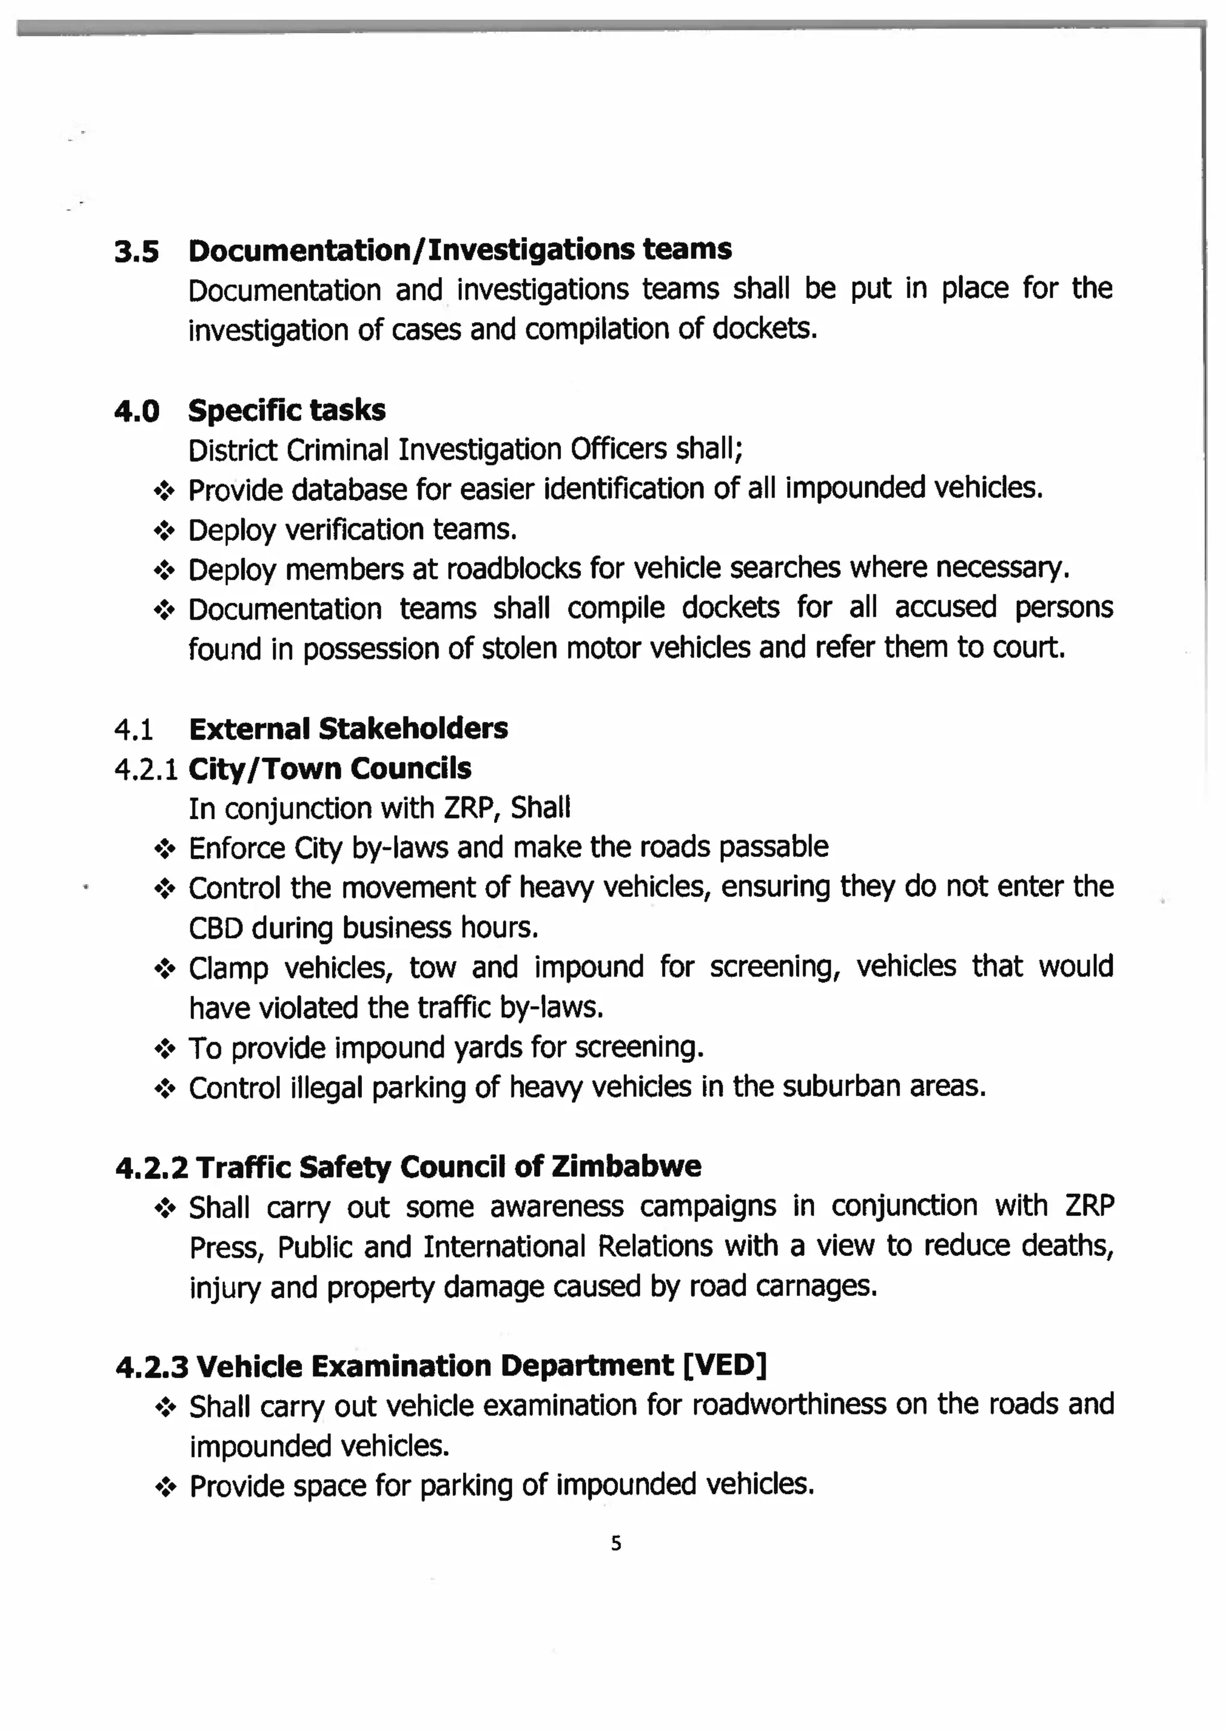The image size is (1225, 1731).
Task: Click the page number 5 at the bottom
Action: coord(615,1544)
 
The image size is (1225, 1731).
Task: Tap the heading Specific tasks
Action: coord(286,410)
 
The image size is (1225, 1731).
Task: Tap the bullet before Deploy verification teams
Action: coord(164,531)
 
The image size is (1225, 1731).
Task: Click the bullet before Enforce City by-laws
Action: coord(164,850)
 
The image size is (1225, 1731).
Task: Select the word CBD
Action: coord(215,928)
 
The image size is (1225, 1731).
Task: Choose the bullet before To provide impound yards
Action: coord(164,1049)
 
